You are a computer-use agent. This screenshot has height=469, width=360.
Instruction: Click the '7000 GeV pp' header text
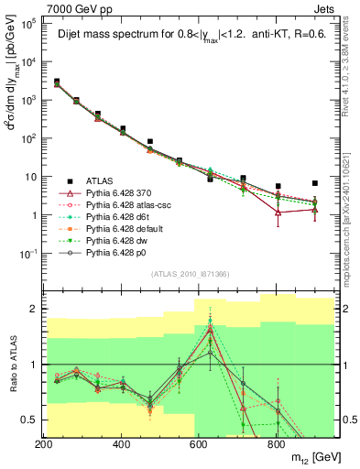click(74, 7)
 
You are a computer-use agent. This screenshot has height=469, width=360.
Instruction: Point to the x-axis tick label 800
click(277, 443)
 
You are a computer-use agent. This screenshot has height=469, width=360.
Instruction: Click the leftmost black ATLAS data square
click(57, 82)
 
